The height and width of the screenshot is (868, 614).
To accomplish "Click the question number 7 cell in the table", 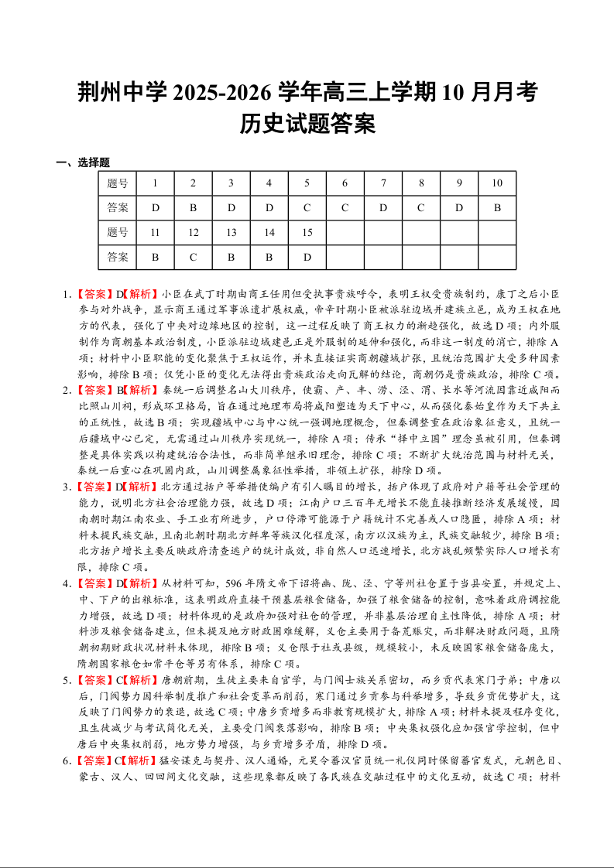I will pyautogui.click(x=383, y=183).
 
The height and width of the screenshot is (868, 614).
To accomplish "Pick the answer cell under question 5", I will pyautogui.click(x=307, y=207).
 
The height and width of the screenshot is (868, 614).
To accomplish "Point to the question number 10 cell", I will pyautogui.click(x=497, y=183).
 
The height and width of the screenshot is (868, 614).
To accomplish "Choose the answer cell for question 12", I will pyautogui.click(x=194, y=257).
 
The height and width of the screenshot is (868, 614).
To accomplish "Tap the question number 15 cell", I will pyautogui.click(x=307, y=232).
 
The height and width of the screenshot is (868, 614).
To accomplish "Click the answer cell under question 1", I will pyautogui.click(x=156, y=207).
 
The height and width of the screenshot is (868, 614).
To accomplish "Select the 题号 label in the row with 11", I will pyautogui.click(x=118, y=232).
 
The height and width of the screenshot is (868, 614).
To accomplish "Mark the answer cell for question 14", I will pyautogui.click(x=269, y=257).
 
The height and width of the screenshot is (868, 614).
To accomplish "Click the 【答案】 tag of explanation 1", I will pyautogui.click(x=96, y=295).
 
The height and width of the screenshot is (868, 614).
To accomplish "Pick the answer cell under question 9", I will pyautogui.click(x=459, y=207).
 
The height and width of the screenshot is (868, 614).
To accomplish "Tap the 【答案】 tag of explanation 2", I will pyautogui.click(x=96, y=391).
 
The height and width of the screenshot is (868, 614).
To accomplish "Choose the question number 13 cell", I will pyautogui.click(x=232, y=232).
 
